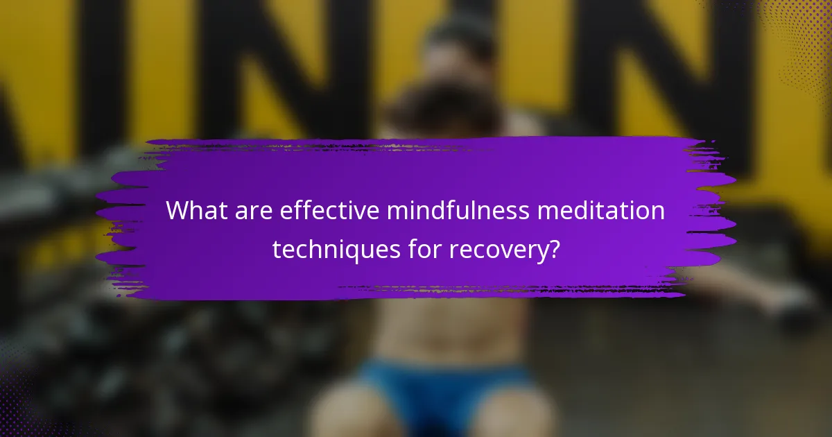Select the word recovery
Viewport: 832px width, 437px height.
[498, 251]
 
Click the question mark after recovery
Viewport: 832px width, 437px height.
[553, 249]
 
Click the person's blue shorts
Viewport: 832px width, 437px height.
[444, 388]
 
